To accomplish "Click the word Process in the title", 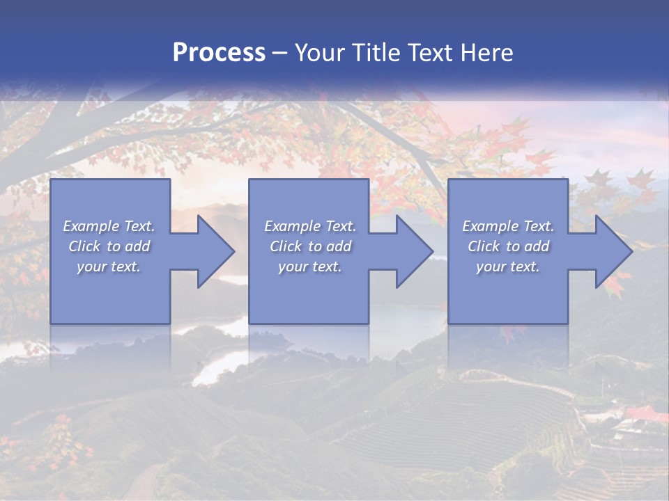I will click(219, 53).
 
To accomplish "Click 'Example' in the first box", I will click(91, 226).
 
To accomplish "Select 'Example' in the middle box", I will click(291, 226).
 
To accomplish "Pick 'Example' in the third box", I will click(490, 226).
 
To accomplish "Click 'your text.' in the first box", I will click(109, 267).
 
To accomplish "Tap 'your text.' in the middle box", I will click(310, 267).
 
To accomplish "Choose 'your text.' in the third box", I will click(508, 267).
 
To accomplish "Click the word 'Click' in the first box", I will click(84, 246).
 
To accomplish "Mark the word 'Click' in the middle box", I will click(285, 246).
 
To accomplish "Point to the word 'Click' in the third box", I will click(483, 246).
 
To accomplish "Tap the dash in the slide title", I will click(279, 54).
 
